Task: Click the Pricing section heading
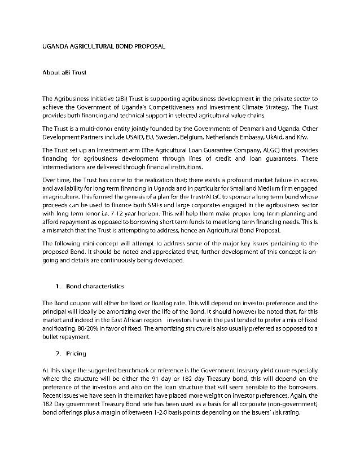(x=76, y=354)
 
